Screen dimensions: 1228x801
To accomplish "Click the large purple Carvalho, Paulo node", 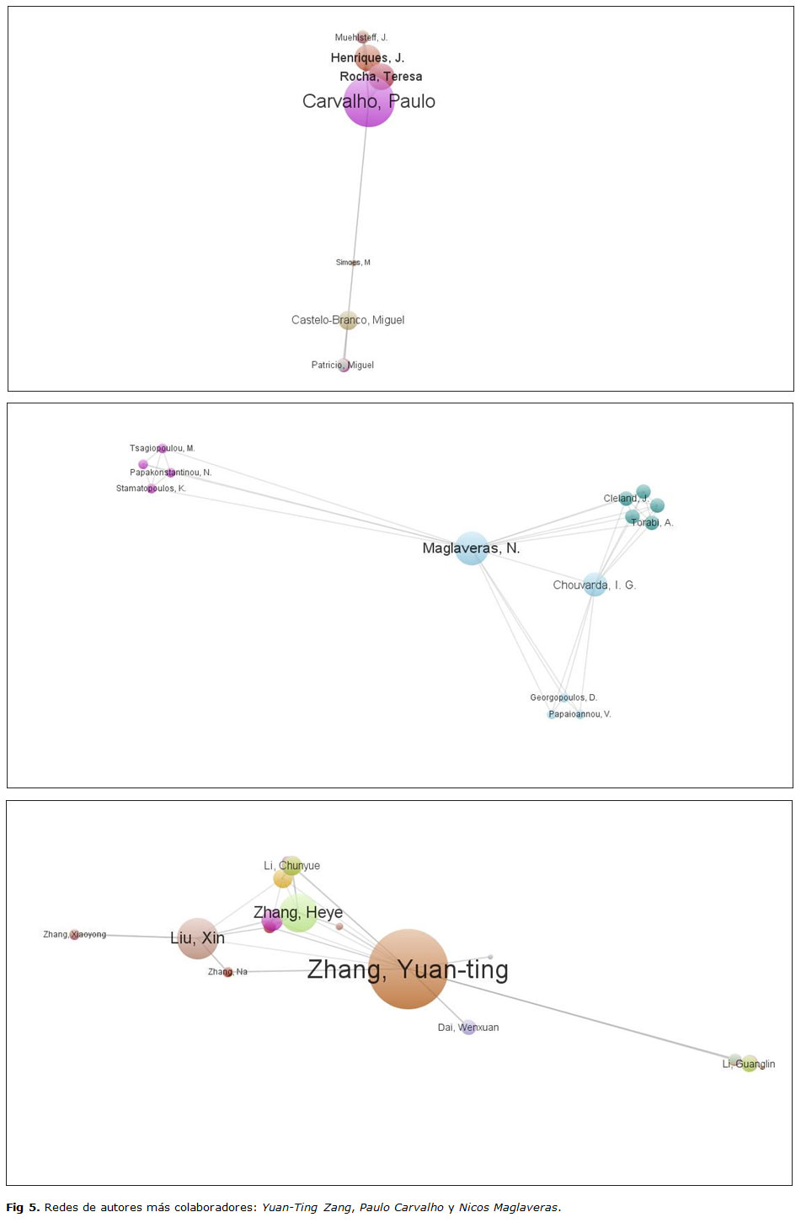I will (x=368, y=102).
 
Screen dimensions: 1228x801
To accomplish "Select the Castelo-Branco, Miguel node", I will (x=348, y=320).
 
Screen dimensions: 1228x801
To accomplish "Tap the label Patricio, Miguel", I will (x=342, y=365).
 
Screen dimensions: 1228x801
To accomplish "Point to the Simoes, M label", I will (x=353, y=263).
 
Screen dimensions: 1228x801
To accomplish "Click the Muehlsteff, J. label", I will (x=360, y=38).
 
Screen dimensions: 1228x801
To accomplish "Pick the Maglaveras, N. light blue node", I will (x=472, y=548).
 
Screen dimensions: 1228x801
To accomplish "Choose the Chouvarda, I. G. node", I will (x=595, y=585).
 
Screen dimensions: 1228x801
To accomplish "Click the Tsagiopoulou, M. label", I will (x=162, y=448).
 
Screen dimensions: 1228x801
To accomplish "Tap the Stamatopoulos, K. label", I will (x=151, y=489).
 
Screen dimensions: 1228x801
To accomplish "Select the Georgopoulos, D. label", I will (x=563, y=697).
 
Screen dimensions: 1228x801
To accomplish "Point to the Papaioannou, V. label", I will (x=579, y=714).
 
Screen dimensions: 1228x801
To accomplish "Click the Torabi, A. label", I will (x=652, y=523).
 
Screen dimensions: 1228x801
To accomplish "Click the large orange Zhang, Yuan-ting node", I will (x=408, y=969).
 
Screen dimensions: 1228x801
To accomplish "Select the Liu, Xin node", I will (x=198, y=938).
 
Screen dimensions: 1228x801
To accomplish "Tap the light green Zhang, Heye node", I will (x=298, y=913).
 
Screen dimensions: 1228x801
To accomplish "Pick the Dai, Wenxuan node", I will (x=468, y=1028).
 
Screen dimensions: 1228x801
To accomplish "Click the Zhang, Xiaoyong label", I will (x=75, y=934).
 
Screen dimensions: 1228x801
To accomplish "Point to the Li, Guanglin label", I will (x=748, y=1064).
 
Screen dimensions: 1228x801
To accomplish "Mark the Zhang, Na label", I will (x=227, y=972).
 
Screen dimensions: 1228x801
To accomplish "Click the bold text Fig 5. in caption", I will (x=23, y=1207).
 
